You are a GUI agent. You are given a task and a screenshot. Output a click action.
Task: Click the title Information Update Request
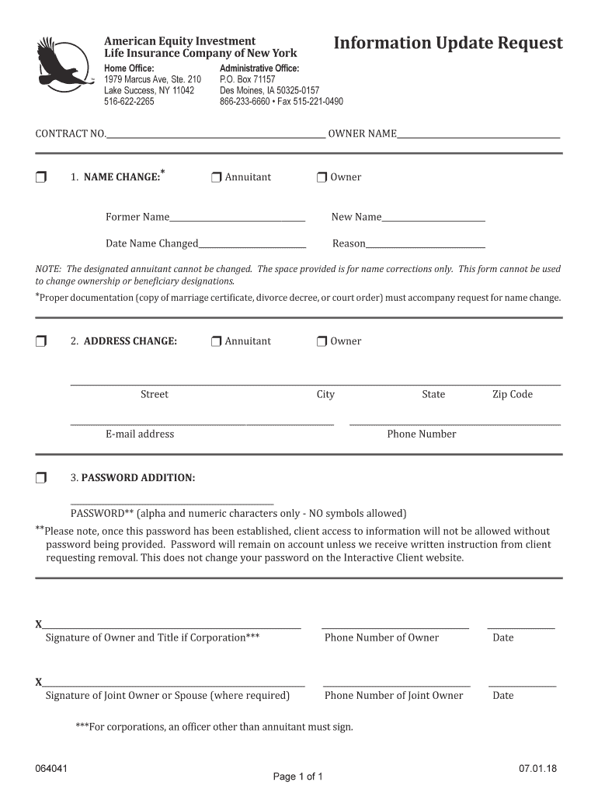pos(447,43)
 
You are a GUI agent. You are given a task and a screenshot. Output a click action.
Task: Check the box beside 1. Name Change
pos(41,177)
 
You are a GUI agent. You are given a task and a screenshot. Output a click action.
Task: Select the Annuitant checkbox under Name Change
pos(217,177)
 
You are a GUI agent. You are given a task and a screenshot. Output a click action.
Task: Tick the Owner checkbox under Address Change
pos(322,341)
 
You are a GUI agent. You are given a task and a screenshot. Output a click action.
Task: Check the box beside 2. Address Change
pos(41,341)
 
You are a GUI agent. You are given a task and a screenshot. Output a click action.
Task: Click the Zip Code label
pos(512,394)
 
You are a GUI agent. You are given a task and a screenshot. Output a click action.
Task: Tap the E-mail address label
pos(140,434)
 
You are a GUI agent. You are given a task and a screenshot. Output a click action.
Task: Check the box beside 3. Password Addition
pos(41,477)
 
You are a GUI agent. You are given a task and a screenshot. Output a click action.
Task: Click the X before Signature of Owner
pos(39,625)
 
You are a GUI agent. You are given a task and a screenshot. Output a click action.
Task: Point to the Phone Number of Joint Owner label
pos(393,695)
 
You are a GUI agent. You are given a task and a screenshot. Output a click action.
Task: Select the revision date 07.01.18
pos(538,769)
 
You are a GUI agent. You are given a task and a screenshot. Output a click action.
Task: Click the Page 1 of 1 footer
pos(298,777)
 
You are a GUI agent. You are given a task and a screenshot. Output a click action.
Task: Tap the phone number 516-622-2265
pos(129,102)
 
